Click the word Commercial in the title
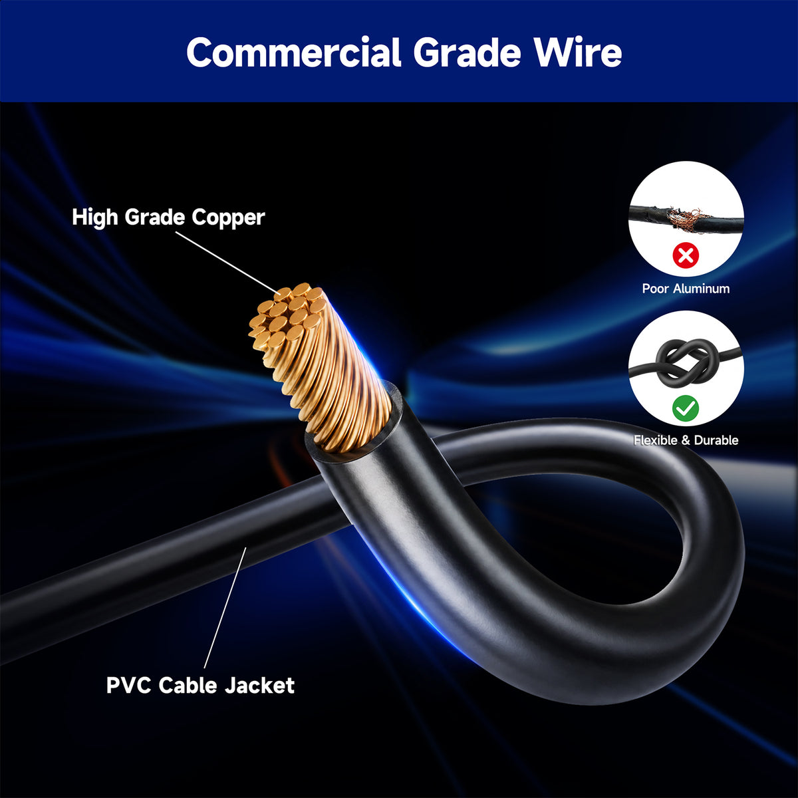[x=294, y=52]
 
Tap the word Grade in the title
[x=467, y=52]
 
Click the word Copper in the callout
[x=228, y=218]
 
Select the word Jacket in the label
[x=259, y=686]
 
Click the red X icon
[x=686, y=255]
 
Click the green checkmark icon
[x=686, y=408]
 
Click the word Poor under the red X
[x=655, y=289]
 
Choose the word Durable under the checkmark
[x=716, y=440]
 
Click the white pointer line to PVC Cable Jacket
[x=225, y=608]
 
